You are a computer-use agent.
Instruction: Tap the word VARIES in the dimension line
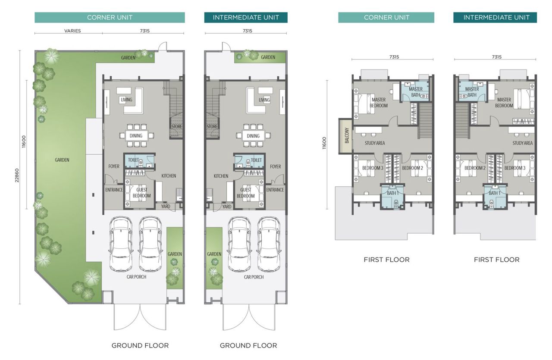point(72,31)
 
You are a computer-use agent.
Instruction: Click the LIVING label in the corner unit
point(126,100)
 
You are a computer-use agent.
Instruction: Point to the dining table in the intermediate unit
point(253,136)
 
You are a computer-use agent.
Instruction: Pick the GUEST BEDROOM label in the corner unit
point(142,193)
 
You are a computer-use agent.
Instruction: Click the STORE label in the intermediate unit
point(212,127)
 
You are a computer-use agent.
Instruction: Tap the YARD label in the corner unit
point(166,207)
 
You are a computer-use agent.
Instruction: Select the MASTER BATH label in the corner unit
point(416,92)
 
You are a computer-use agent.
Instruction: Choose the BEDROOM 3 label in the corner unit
point(373,168)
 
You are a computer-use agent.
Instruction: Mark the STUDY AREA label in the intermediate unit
point(522,143)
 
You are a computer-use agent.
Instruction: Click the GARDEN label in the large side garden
point(62,160)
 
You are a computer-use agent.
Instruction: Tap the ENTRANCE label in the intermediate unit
point(275,190)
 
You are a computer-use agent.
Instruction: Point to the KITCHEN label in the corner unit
point(169,176)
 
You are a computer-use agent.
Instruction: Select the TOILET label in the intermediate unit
point(257,160)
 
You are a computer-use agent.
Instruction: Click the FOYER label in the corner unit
point(114,166)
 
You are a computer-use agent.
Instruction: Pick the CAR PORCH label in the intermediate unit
point(253,277)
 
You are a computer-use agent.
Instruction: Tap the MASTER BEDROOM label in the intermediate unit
point(504,103)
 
